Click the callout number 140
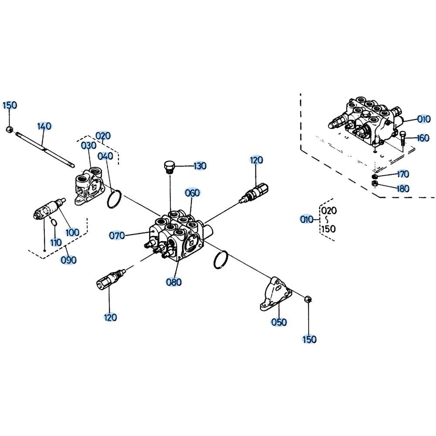tap(44, 126)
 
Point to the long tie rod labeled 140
tap(45, 149)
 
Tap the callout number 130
tap(200, 166)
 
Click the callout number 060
tap(192, 193)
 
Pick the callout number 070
tap(116, 236)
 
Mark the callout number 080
tap(174, 282)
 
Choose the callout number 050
tap(279, 322)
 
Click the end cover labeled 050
tap(276, 293)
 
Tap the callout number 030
tap(89, 146)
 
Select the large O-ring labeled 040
tap(114, 199)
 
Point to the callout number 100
tap(72, 232)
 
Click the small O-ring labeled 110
tap(54, 222)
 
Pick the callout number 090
tap(68, 260)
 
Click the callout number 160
tap(423, 138)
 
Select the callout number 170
tap(403, 174)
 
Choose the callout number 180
tap(403, 188)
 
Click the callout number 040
tap(106, 156)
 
